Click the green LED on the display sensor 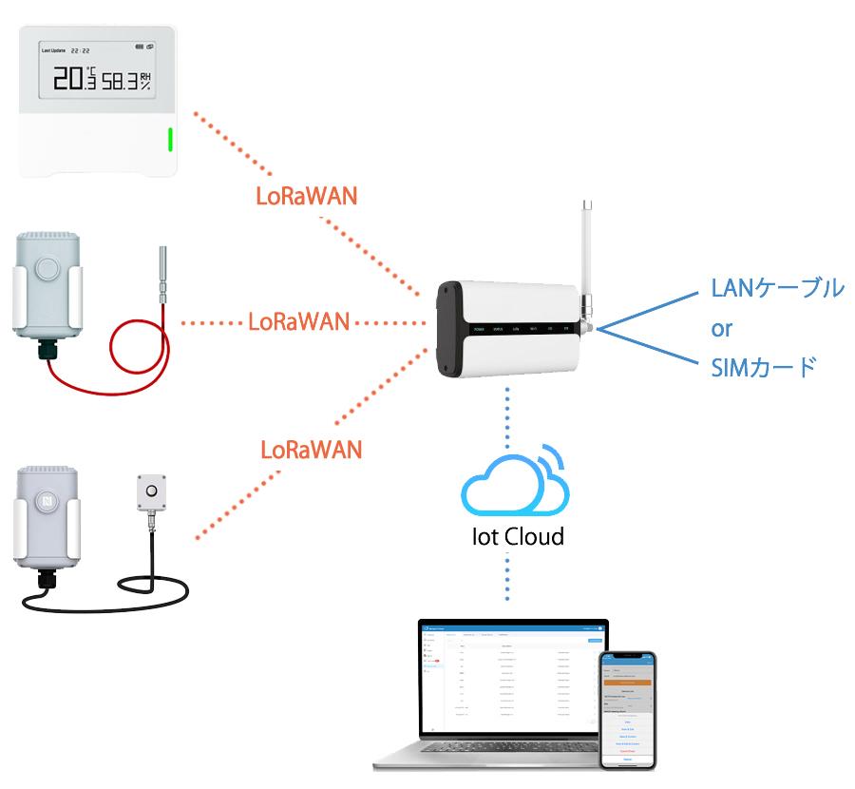point(170,140)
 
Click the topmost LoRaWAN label point(307,196)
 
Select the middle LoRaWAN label point(298,321)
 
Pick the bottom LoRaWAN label point(312,449)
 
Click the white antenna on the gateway point(588,247)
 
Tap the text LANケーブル point(777,289)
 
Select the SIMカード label point(763,368)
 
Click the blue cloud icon point(513,480)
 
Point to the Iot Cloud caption point(518,537)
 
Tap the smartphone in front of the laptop point(627,709)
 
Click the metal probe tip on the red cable point(161,270)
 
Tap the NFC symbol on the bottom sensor point(47,499)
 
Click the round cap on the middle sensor point(47,265)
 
